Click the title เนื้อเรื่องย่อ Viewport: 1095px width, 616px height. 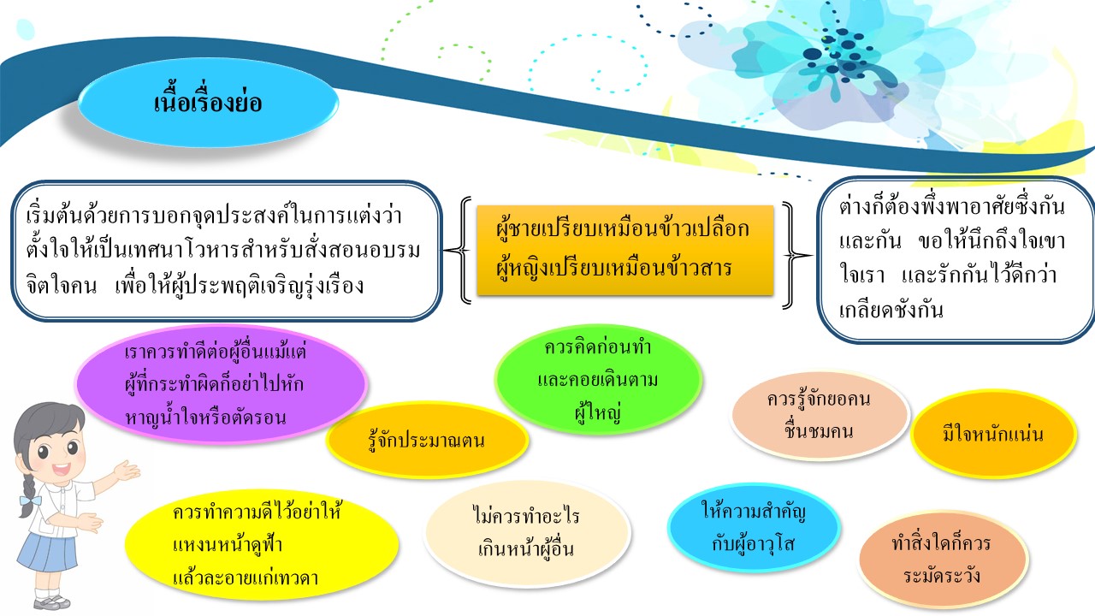tap(208, 103)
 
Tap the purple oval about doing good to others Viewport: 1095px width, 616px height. tap(221, 384)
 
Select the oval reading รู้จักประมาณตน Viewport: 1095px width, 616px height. tap(427, 440)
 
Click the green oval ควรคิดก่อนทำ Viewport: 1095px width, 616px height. tap(598, 379)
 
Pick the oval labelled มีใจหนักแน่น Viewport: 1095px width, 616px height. tap(993, 434)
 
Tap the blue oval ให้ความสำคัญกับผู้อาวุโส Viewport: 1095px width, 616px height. tap(754, 527)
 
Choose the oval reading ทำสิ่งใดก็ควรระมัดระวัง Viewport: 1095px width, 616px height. tap(942, 559)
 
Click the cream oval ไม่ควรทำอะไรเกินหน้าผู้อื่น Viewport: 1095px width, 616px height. tap(527, 533)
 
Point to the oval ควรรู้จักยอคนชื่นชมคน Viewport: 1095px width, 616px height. tap(820, 415)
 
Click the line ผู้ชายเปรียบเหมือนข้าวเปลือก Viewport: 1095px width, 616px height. tap(622, 228)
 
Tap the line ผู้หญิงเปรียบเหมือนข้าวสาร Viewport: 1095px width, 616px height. tap(614, 268)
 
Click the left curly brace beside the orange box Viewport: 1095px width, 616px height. tap(459, 251)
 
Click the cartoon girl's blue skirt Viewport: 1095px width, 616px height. tap(48, 553)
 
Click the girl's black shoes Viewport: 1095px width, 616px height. tap(52, 602)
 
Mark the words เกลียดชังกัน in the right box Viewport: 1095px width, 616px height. tap(891, 310)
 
